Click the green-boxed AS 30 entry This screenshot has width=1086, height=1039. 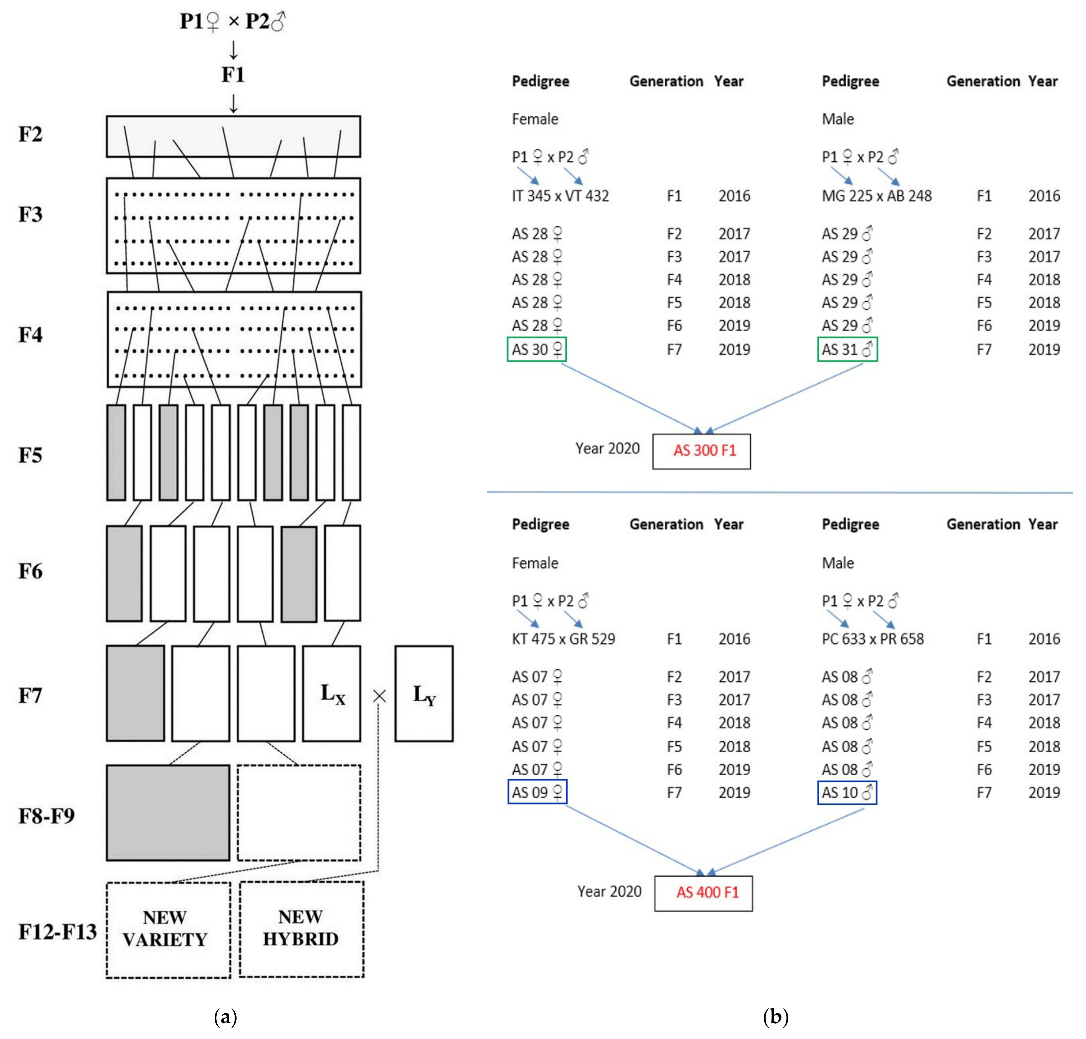pyautogui.click(x=536, y=350)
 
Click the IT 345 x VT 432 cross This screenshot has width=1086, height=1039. pyautogui.click(x=560, y=196)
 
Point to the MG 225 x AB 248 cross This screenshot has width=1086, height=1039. pyautogui.click(x=876, y=196)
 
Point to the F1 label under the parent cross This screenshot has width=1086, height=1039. pyautogui.click(x=233, y=75)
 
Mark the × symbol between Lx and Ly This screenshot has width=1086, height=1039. pyautogui.click(x=379, y=696)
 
